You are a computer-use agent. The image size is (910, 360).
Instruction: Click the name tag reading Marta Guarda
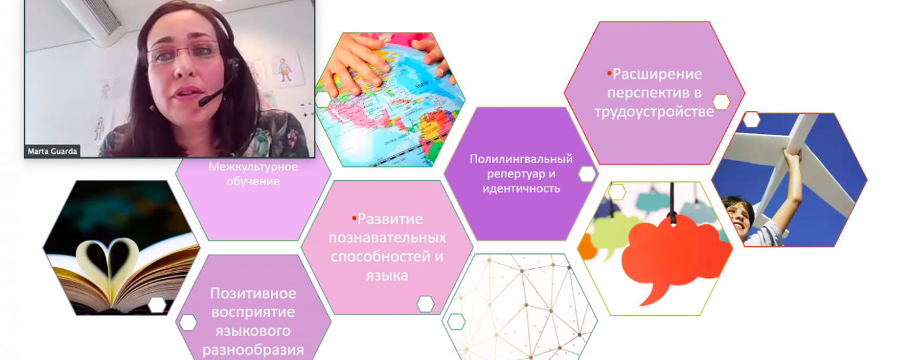point(52,151)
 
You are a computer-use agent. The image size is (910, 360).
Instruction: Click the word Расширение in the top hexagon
point(657,74)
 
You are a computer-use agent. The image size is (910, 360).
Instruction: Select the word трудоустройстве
point(654,112)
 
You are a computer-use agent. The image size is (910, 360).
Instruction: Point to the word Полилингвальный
point(521,159)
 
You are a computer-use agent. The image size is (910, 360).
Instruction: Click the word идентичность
point(521,188)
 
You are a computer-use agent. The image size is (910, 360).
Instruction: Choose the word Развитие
point(390,219)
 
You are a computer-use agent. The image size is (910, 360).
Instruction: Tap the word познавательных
point(387,238)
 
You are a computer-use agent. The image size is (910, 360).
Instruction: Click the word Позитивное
point(253,293)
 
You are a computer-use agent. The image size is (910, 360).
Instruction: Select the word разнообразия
point(253,350)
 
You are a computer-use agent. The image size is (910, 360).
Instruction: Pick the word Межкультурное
point(253,166)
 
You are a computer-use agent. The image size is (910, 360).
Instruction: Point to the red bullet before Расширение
point(610,73)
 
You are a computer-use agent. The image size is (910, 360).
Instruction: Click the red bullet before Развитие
point(354,218)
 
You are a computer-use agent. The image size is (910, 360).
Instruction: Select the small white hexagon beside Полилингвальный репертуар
point(586,174)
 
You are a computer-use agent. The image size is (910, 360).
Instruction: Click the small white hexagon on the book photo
point(157,305)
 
